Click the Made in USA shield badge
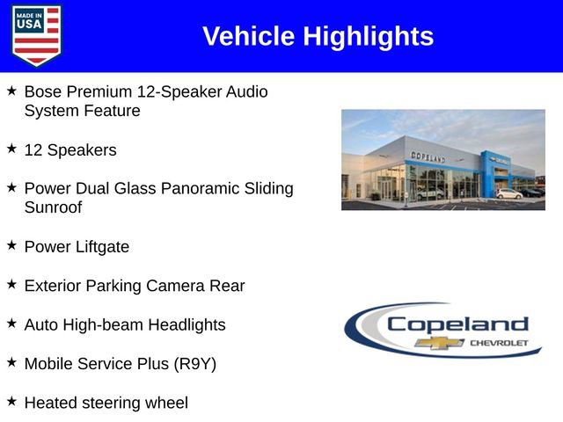[37, 35]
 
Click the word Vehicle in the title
[249, 36]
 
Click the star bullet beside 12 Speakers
[11, 149]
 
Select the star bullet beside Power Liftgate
[11, 245]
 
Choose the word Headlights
[186, 324]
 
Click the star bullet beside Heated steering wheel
[11, 401]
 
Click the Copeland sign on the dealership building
[428, 156]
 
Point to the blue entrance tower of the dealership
[489, 172]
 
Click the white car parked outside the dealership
[508, 193]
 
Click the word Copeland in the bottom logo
[457, 324]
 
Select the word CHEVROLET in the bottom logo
[500, 342]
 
